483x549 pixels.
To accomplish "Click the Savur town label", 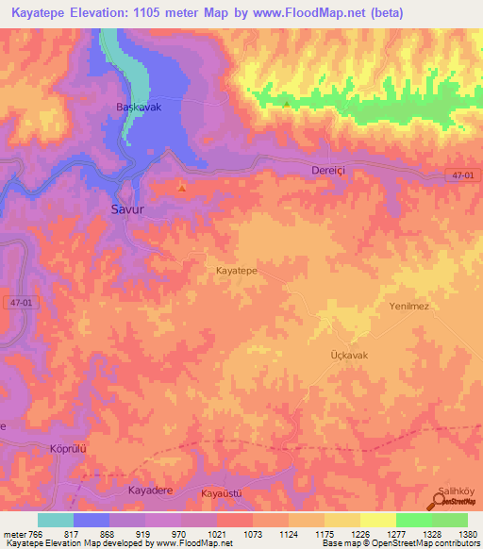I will (x=127, y=209).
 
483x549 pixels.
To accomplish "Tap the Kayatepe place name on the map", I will (x=237, y=270).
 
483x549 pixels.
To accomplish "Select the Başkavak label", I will (x=139, y=108).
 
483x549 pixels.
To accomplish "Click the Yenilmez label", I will (x=409, y=306).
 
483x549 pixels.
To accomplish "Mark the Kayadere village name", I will (x=152, y=491).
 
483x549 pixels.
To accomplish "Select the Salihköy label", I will (x=458, y=490).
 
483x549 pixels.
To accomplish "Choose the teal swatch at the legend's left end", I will (x=56, y=520).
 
